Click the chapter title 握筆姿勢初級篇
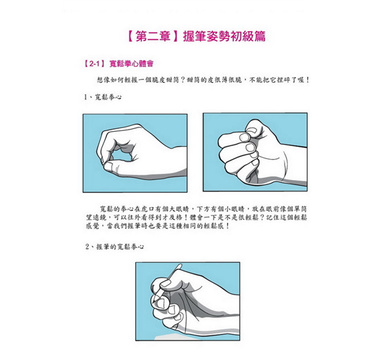224,37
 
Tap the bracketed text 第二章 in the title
152,37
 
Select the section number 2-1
94,64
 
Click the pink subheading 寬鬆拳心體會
131,64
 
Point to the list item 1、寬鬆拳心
103,97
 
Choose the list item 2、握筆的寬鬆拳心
115,247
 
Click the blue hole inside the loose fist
121,155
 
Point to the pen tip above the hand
180,266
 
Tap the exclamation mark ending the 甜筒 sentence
308,80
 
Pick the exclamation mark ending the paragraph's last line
227,226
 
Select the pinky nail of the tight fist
255,163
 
